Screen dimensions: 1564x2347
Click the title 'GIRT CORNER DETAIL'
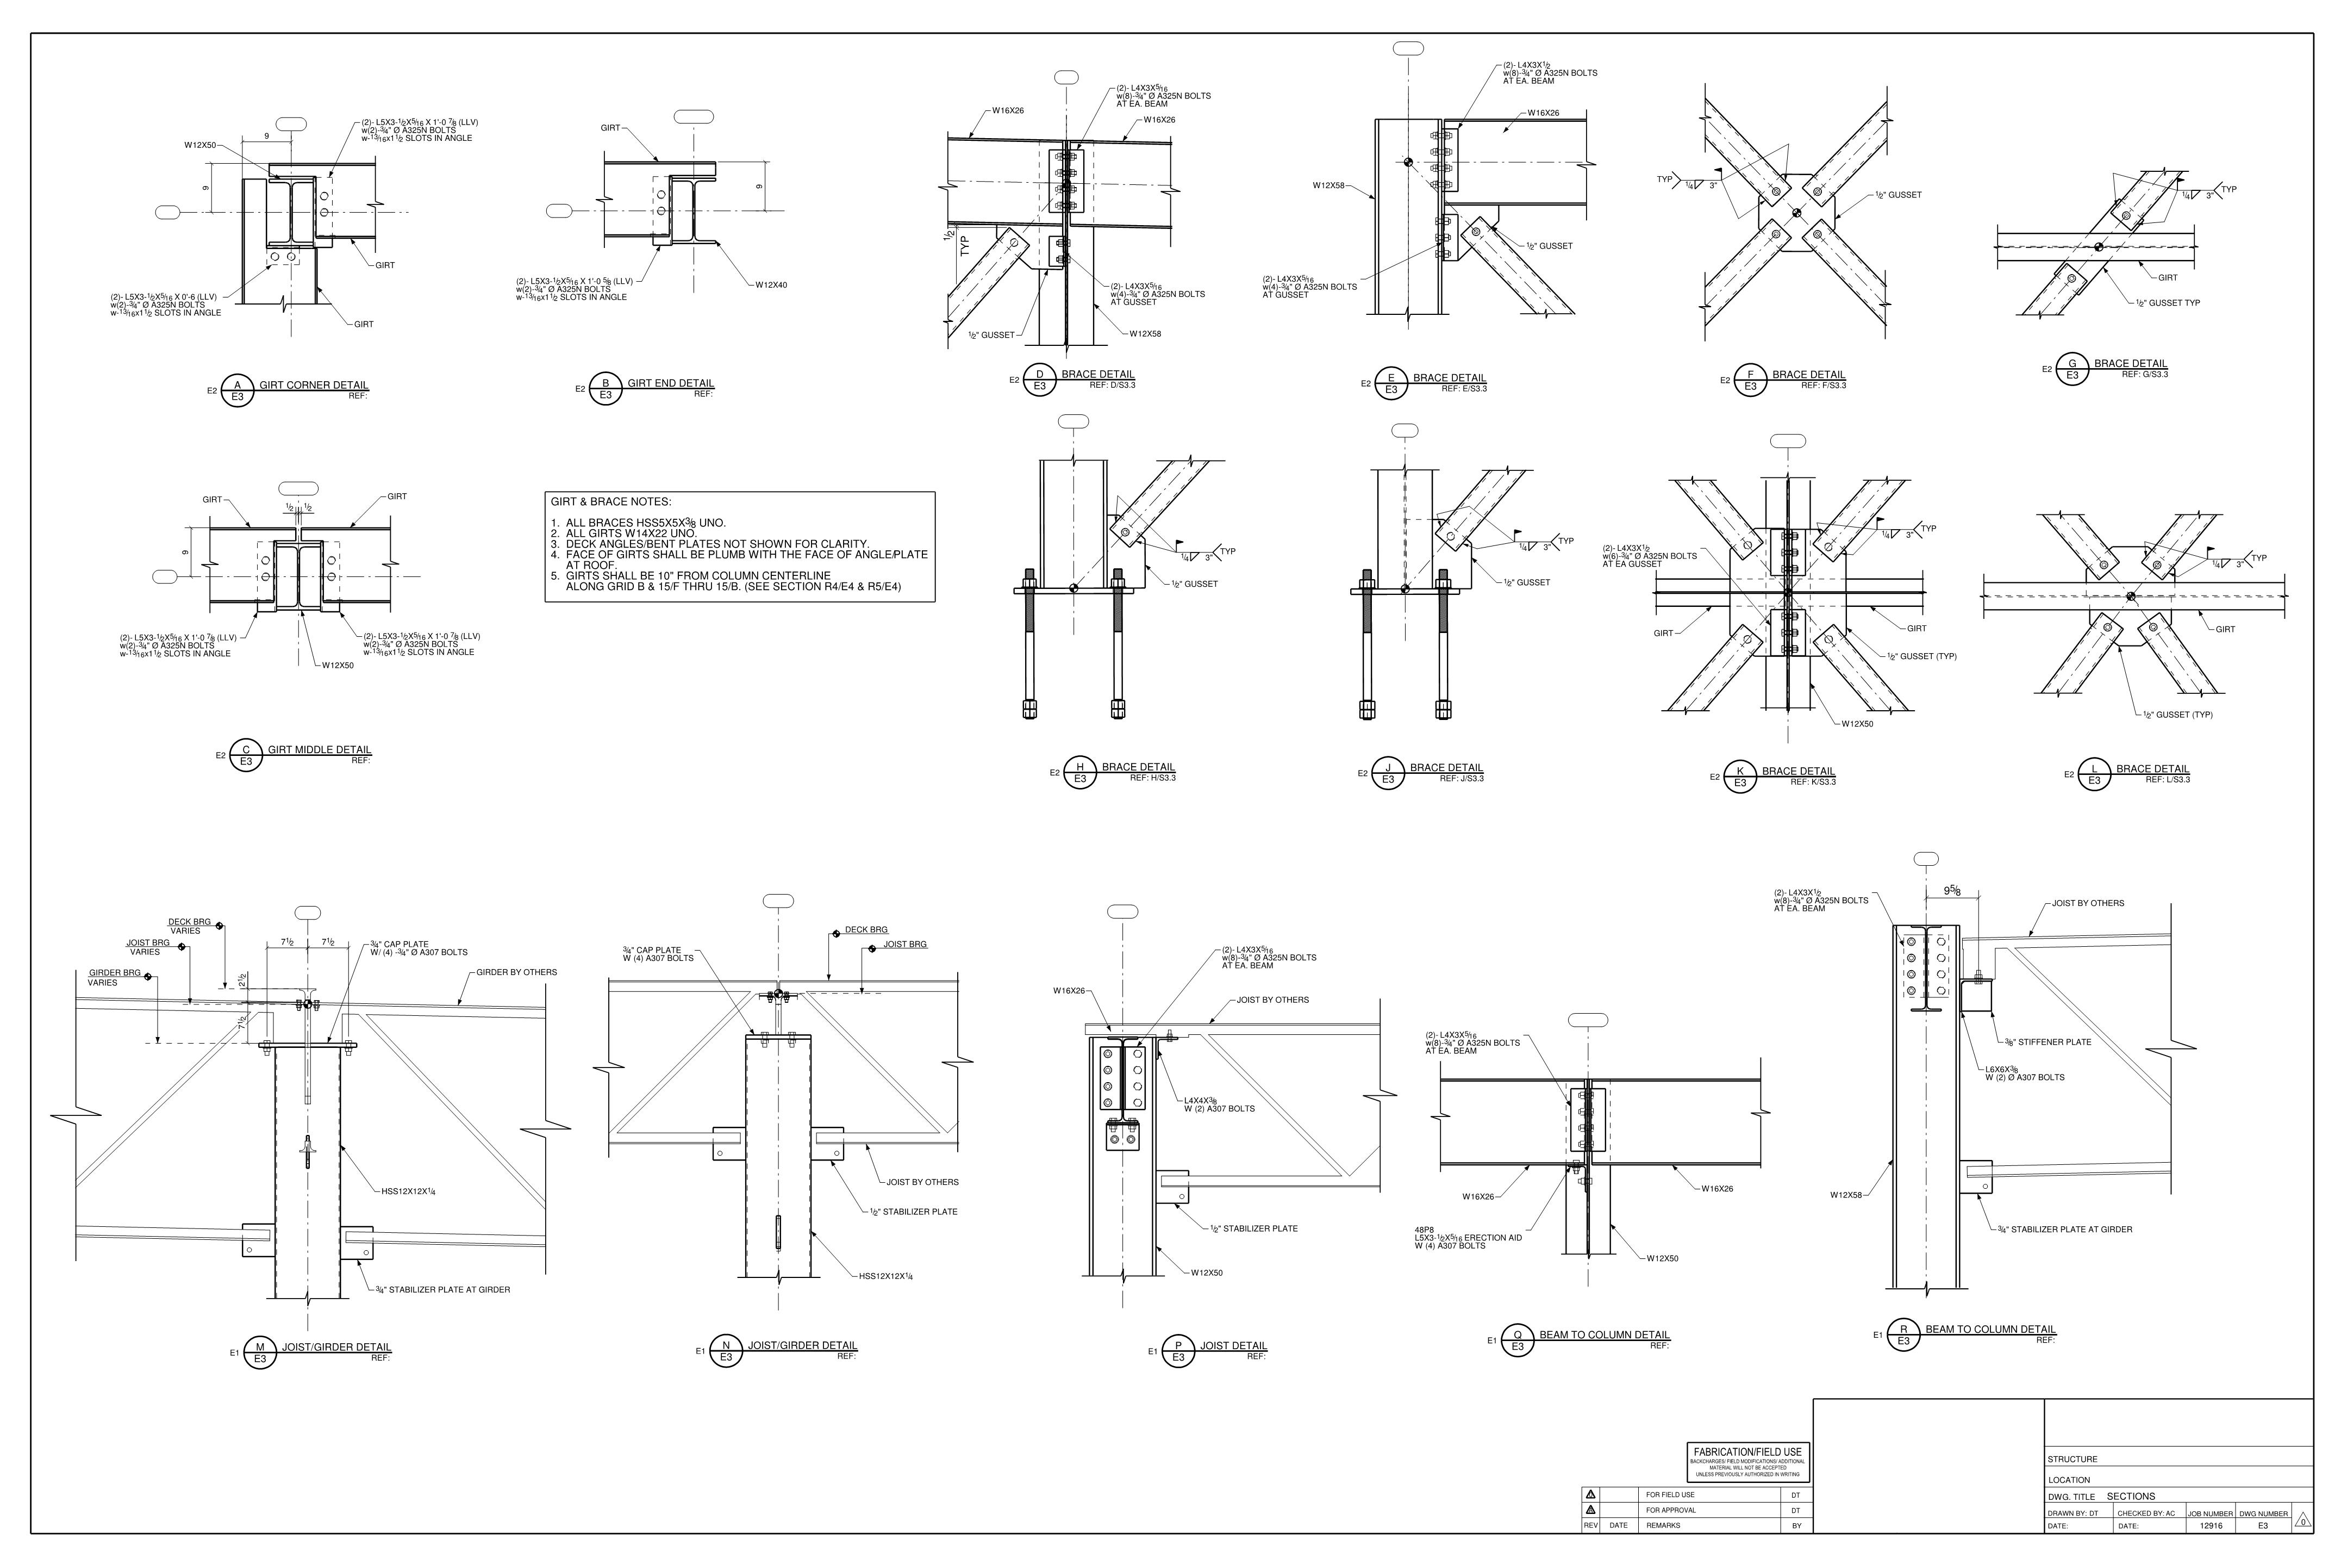[313, 385]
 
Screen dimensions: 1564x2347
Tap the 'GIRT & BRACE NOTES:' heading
[610, 502]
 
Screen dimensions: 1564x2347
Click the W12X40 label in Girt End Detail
[771, 286]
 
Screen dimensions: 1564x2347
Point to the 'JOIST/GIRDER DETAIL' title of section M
[336, 1346]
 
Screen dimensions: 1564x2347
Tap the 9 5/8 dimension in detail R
[1953, 891]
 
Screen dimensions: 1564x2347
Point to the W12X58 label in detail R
[1845, 1195]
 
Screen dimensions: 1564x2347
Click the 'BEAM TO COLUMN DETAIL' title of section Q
[1603, 1335]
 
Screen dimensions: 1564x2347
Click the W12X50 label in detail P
[1207, 1273]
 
